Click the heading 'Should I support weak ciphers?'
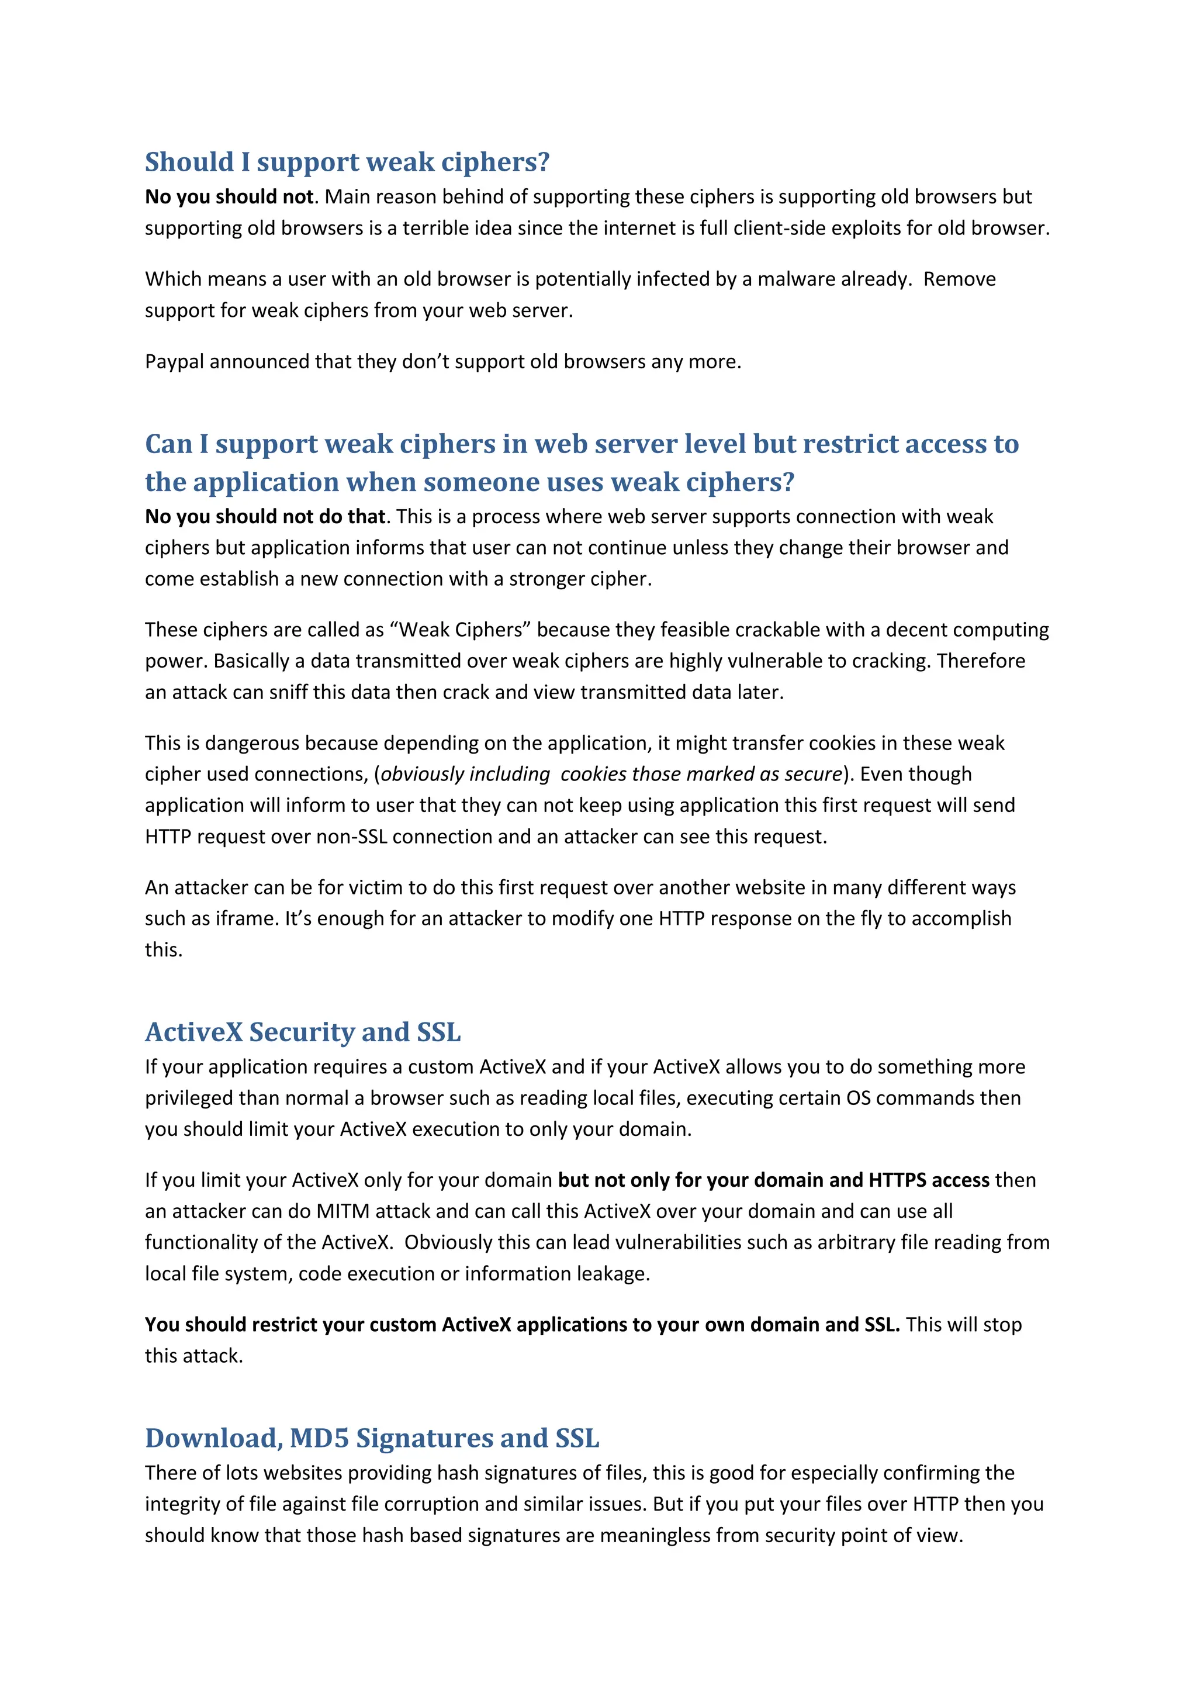click(347, 162)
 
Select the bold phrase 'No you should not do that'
click(265, 516)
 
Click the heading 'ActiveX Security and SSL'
click(302, 1032)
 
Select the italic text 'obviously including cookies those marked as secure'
click(611, 774)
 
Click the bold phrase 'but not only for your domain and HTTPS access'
click(773, 1180)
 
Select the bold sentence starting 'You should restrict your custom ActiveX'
click(522, 1325)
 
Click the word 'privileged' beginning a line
click(189, 1098)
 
